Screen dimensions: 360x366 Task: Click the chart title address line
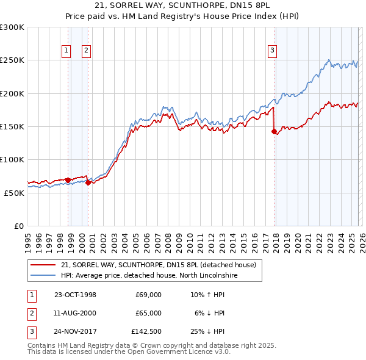(x=183, y=5)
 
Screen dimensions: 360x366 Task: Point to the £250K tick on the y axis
(x=12, y=60)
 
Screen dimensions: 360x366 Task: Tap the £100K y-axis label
(x=12, y=159)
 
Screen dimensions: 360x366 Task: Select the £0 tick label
(x=19, y=226)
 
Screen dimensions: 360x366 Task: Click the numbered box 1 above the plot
(x=66, y=51)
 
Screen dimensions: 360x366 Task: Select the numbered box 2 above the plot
(x=87, y=51)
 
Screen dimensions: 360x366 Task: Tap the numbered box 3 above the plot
(x=272, y=51)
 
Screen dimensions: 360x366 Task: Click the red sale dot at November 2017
(x=274, y=131)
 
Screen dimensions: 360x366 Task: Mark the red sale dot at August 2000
(x=88, y=182)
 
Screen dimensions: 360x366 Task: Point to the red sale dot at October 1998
(x=68, y=180)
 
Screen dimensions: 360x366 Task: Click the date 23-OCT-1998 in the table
(x=75, y=295)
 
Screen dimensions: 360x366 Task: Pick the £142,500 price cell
(x=146, y=332)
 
